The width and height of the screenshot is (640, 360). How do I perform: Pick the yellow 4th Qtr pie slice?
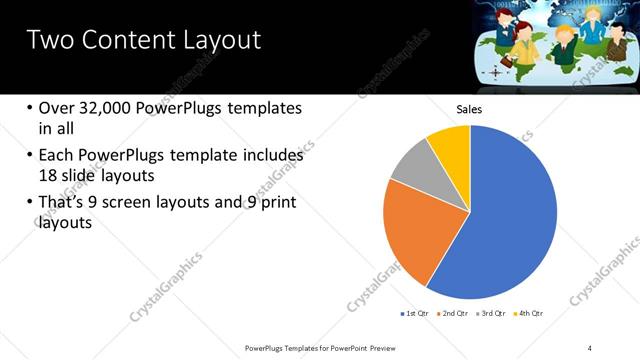[451, 146]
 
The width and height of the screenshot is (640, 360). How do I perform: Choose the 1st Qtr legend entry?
[415, 313]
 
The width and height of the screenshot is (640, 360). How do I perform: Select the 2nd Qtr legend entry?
[456, 313]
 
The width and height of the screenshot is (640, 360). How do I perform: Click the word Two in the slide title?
[49, 41]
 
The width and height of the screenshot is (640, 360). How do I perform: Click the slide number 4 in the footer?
[590, 347]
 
